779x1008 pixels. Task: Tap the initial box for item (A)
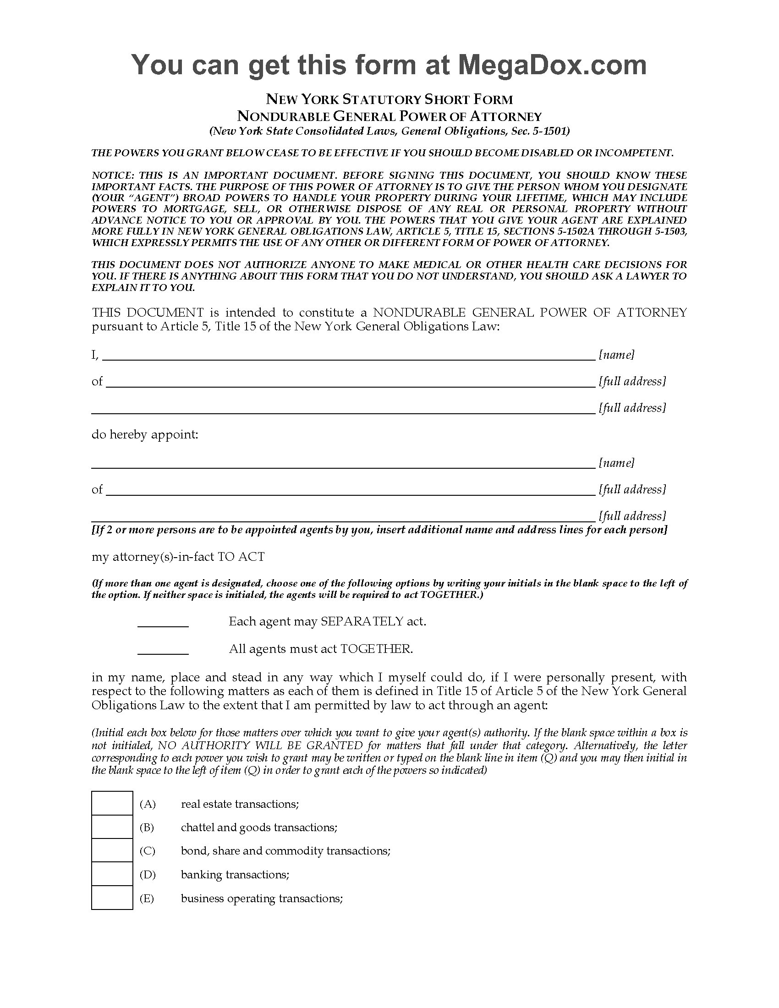point(112,804)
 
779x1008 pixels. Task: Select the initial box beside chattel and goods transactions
point(112,827)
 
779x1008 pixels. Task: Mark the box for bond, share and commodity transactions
point(112,851)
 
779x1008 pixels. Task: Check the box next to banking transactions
point(112,875)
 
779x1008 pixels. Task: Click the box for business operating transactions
point(112,898)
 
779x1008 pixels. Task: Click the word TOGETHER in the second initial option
point(375,649)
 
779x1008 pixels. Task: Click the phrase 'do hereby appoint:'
point(145,435)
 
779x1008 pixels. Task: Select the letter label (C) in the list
point(147,851)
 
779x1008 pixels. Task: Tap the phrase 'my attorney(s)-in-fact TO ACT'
point(178,557)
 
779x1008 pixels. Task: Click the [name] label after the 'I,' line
point(616,355)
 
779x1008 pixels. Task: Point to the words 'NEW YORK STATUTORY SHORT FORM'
point(389,99)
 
